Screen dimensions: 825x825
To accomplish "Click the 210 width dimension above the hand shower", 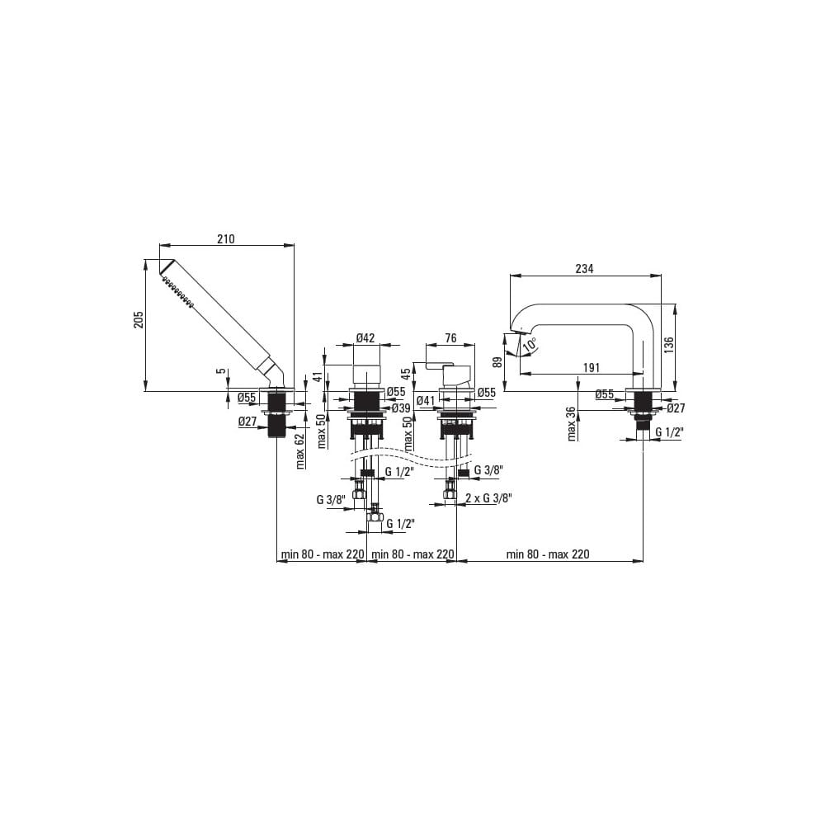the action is [226, 239].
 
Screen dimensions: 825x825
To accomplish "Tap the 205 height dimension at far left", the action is [139, 320].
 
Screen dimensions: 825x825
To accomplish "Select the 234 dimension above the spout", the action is [584, 268].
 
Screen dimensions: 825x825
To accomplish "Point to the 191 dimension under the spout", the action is [592, 367].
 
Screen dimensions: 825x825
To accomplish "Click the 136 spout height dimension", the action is [668, 346].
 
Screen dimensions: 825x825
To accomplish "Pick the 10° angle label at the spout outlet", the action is [530, 345].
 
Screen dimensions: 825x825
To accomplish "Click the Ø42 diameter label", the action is [365, 337].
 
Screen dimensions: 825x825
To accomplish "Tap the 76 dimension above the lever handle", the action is [450, 337].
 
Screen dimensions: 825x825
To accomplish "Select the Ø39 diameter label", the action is [401, 408].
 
